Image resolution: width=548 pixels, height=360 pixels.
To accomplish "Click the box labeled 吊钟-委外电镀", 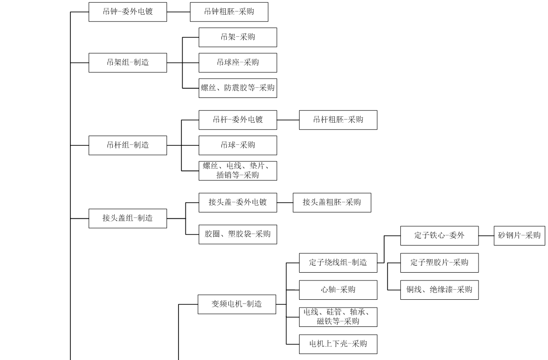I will click(127, 12).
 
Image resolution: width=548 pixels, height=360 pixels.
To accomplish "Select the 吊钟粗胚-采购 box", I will click(229, 12).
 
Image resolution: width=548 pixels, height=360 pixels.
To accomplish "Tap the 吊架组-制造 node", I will click(127, 63).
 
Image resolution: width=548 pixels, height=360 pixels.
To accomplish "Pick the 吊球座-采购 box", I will click(237, 63).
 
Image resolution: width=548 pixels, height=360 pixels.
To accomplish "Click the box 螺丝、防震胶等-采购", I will click(237, 88).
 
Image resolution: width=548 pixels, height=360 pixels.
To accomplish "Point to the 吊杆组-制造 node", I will click(127, 145).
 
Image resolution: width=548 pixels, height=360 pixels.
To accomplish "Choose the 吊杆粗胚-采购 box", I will click(338, 120).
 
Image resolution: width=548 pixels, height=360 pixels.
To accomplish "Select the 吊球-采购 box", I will click(237, 145).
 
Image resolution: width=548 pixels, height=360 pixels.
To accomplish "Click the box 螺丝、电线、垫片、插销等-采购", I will click(237, 171).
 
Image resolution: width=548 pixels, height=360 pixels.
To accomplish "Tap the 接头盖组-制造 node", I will click(127, 218).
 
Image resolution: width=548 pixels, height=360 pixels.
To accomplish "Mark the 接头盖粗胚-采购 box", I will click(332, 202).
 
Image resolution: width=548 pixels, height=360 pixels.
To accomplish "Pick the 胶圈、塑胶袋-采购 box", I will click(237, 234).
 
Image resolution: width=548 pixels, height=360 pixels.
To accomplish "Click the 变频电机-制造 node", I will click(237, 304).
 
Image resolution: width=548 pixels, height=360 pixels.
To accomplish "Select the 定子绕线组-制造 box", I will click(338, 263).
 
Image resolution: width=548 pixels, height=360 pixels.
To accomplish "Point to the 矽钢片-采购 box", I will click(519, 235).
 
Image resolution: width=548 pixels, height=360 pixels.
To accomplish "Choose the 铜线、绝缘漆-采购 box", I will click(439, 290).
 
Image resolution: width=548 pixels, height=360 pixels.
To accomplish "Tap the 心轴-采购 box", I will click(338, 290).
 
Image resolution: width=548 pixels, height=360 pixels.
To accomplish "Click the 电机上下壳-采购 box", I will click(338, 344).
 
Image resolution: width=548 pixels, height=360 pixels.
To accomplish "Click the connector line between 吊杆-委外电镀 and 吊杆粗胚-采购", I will click(288, 120).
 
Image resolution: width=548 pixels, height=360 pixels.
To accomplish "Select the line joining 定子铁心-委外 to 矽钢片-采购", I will click(486, 235).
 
